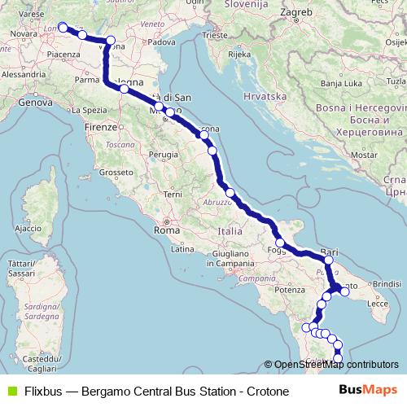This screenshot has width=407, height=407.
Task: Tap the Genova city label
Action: point(35,103)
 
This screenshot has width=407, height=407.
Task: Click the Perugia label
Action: point(163,153)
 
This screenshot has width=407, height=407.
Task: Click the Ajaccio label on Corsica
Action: point(27,229)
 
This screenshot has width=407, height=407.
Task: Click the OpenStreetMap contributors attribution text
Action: point(335,365)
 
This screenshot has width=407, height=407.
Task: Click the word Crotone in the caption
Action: point(265,391)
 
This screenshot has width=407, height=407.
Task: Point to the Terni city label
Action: point(173,194)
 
